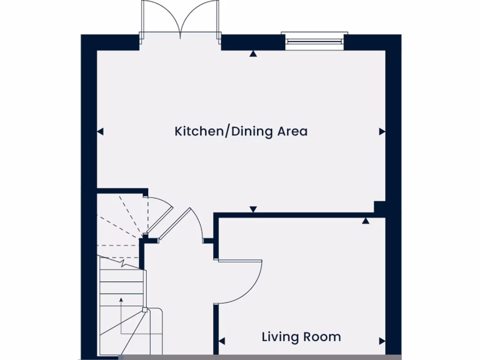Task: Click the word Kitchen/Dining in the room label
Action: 224,131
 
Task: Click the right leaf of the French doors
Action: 199,19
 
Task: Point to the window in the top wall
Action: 315,41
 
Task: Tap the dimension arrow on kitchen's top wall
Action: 253,54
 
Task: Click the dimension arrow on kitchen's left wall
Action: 100,132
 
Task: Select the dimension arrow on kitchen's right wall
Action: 382,132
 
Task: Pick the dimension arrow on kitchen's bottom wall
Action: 253,209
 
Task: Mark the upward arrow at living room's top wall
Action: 366,220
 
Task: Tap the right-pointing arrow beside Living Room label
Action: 382,341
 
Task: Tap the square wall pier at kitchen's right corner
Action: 379,207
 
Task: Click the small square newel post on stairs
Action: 144,309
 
